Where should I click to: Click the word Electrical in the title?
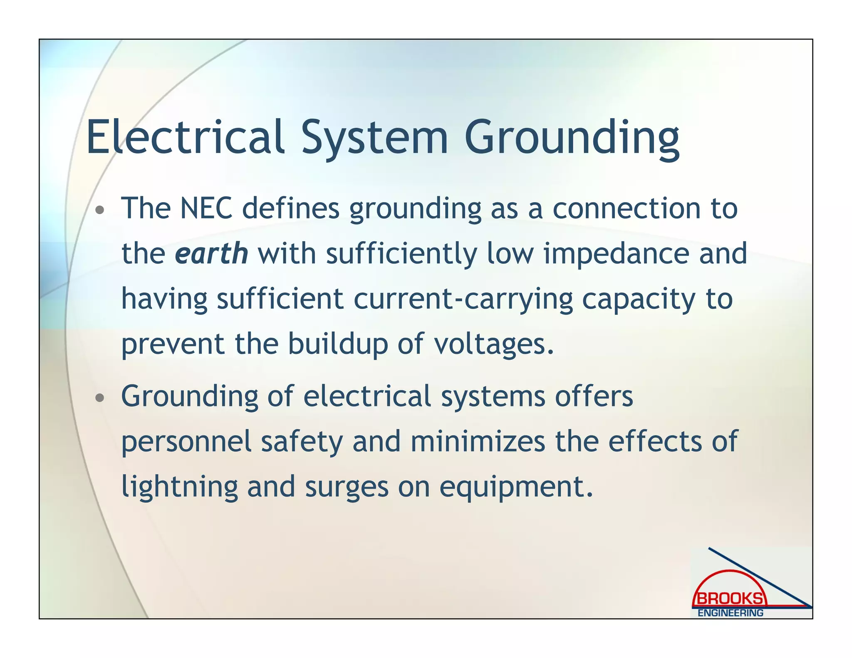[x=185, y=136]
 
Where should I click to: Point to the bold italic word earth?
[x=211, y=253]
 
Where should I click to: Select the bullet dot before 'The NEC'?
[x=99, y=210]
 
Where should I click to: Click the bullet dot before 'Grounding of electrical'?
[x=99, y=398]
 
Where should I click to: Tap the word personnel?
[x=186, y=442]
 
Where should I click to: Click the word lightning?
[x=180, y=487]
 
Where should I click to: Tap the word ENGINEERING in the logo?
[x=731, y=613]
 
